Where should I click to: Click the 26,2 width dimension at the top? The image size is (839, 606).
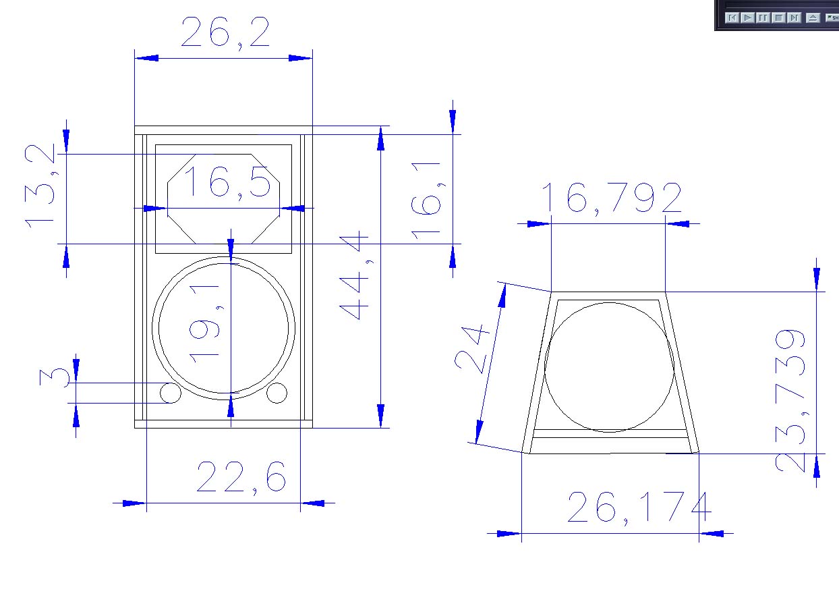pyautogui.click(x=225, y=32)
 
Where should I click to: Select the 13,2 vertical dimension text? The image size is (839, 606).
pyautogui.click(x=40, y=186)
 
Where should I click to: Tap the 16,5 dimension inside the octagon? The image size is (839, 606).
pyautogui.click(x=227, y=182)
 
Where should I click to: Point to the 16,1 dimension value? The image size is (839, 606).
pyautogui.click(x=426, y=201)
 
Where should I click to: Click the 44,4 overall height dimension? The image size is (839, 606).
pyautogui.click(x=354, y=275)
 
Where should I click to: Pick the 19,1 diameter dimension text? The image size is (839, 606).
pyautogui.click(x=204, y=324)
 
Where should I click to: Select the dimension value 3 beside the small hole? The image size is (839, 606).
pyautogui.click(x=55, y=377)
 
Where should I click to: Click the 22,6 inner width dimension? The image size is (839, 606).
pyautogui.click(x=241, y=477)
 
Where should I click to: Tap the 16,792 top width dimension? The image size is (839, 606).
pyautogui.click(x=611, y=198)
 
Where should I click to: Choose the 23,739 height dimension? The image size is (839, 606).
pyautogui.click(x=790, y=401)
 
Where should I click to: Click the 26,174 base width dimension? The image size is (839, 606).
pyautogui.click(x=639, y=507)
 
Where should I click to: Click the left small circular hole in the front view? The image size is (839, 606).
pyautogui.click(x=171, y=393)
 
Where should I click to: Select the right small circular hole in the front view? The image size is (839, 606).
pyautogui.click(x=277, y=393)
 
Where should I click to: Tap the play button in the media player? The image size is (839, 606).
pyautogui.click(x=747, y=18)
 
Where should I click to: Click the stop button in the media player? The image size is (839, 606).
pyautogui.click(x=779, y=18)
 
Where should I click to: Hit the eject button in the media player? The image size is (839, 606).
pyautogui.click(x=813, y=18)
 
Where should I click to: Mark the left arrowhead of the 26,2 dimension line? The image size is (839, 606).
pyautogui.click(x=147, y=58)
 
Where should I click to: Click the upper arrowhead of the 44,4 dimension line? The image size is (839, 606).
pyautogui.click(x=380, y=138)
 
